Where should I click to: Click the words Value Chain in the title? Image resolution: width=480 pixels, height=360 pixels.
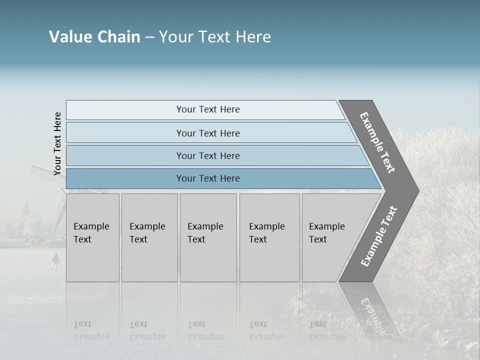[94, 37]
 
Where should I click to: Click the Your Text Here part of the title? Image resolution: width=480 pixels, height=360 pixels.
[215, 37]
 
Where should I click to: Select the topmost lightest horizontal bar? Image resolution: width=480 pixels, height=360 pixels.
[207, 109]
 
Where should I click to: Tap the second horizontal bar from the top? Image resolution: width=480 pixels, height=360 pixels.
[207, 133]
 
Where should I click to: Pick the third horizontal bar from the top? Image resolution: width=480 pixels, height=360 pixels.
[207, 155]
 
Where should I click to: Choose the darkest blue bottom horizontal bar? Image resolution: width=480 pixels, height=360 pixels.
[207, 178]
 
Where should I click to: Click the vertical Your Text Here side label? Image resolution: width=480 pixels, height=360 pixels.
[57, 143]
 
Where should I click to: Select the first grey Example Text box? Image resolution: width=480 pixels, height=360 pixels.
[92, 237]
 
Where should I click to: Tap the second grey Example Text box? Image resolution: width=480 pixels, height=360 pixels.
[149, 237]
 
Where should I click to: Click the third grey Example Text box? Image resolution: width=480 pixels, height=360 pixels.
[208, 237]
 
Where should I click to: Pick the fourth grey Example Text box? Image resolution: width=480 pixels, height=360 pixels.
[269, 237]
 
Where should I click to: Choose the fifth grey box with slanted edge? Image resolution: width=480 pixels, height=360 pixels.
[330, 237]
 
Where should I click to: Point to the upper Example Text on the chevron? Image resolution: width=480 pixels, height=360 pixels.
[377, 142]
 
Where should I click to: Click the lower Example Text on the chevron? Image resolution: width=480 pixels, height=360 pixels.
[379, 236]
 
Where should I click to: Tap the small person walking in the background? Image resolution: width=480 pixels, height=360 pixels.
[55, 260]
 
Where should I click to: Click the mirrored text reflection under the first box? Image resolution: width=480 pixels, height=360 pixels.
[91, 330]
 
